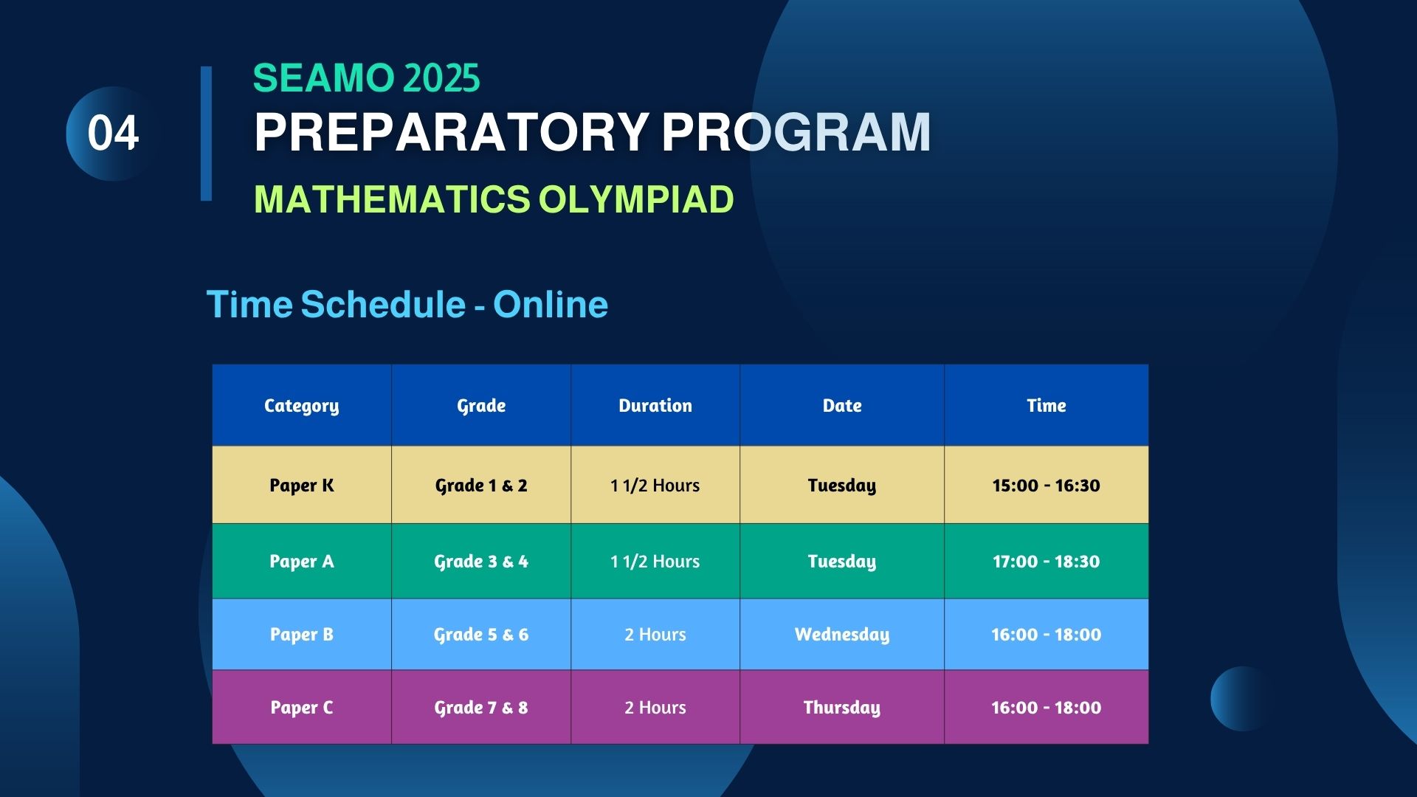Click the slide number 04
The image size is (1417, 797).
pyautogui.click(x=113, y=134)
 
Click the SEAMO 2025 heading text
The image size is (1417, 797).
pyautogui.click(x=366, y=78)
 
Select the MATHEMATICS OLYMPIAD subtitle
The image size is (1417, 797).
pyautogui.click(x=494, y=199)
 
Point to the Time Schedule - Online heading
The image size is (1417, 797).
pyautogui.click(x=407, y=304)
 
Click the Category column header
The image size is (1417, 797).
pyautogui.click(x=302, y=406)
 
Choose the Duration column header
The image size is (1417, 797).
pyautogui.click(x=655, y=405)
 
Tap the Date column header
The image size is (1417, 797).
pyautogui.click(x=842, y=405)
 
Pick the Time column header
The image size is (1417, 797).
pyautogui.click(x=1047, y=405)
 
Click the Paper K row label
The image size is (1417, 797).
pyautogui.click(x=302, y=486)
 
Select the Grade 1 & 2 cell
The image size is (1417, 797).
pyautogui.click(x=481, y=486)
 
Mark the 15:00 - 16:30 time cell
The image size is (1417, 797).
pyautogui.click(x=1047, y=486)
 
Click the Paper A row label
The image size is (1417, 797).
pyautogui.click(x=302, y=562)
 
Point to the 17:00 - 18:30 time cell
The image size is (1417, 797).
pyautogui.click(x=1047, y=562)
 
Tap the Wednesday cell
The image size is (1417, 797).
pyautogui.click(x=842, y=635)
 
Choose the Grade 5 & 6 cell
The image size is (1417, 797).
pyautogui.click(x=481, y=635)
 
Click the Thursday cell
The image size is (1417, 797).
pyautogui.click(x=842, y=708)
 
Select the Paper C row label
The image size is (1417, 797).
pyautogui.click(x=302, y=708)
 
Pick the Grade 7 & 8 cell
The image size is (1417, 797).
pyautogui.click(x=481, y=708)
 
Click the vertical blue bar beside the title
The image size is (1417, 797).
pyautogui.click(x=206, y=134)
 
